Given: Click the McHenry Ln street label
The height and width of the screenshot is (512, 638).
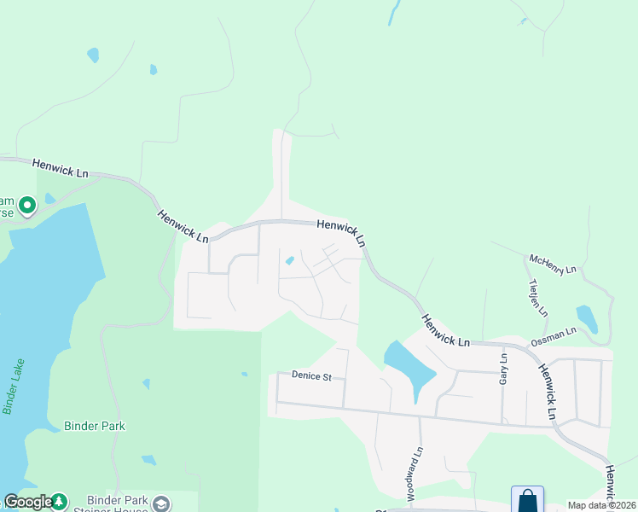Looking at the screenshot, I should pos(553,264).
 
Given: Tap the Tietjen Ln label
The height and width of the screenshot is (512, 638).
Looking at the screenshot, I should pos(537,296).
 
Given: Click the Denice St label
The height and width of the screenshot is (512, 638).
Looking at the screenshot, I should pos(310,375).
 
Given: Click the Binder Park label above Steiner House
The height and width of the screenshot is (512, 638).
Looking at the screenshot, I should pos(95,426).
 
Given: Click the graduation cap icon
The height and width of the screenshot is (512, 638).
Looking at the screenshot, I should pos(159,503).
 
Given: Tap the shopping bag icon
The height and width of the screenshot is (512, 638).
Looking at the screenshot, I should pos(527,500).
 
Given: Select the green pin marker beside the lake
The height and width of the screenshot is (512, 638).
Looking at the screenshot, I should pos(27,205).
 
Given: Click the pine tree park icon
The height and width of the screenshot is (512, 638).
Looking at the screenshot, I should pos(59,502).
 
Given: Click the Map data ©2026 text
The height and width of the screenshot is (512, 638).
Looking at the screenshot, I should pos(600,505).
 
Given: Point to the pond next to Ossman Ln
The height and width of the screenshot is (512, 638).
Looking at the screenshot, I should pos(586,317).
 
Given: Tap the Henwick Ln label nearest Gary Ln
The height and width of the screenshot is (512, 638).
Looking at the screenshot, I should pos(446,329).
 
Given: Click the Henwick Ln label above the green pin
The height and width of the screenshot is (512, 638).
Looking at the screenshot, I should pos(61,167).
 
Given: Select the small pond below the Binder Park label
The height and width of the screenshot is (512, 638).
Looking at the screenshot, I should pos(148,460).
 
